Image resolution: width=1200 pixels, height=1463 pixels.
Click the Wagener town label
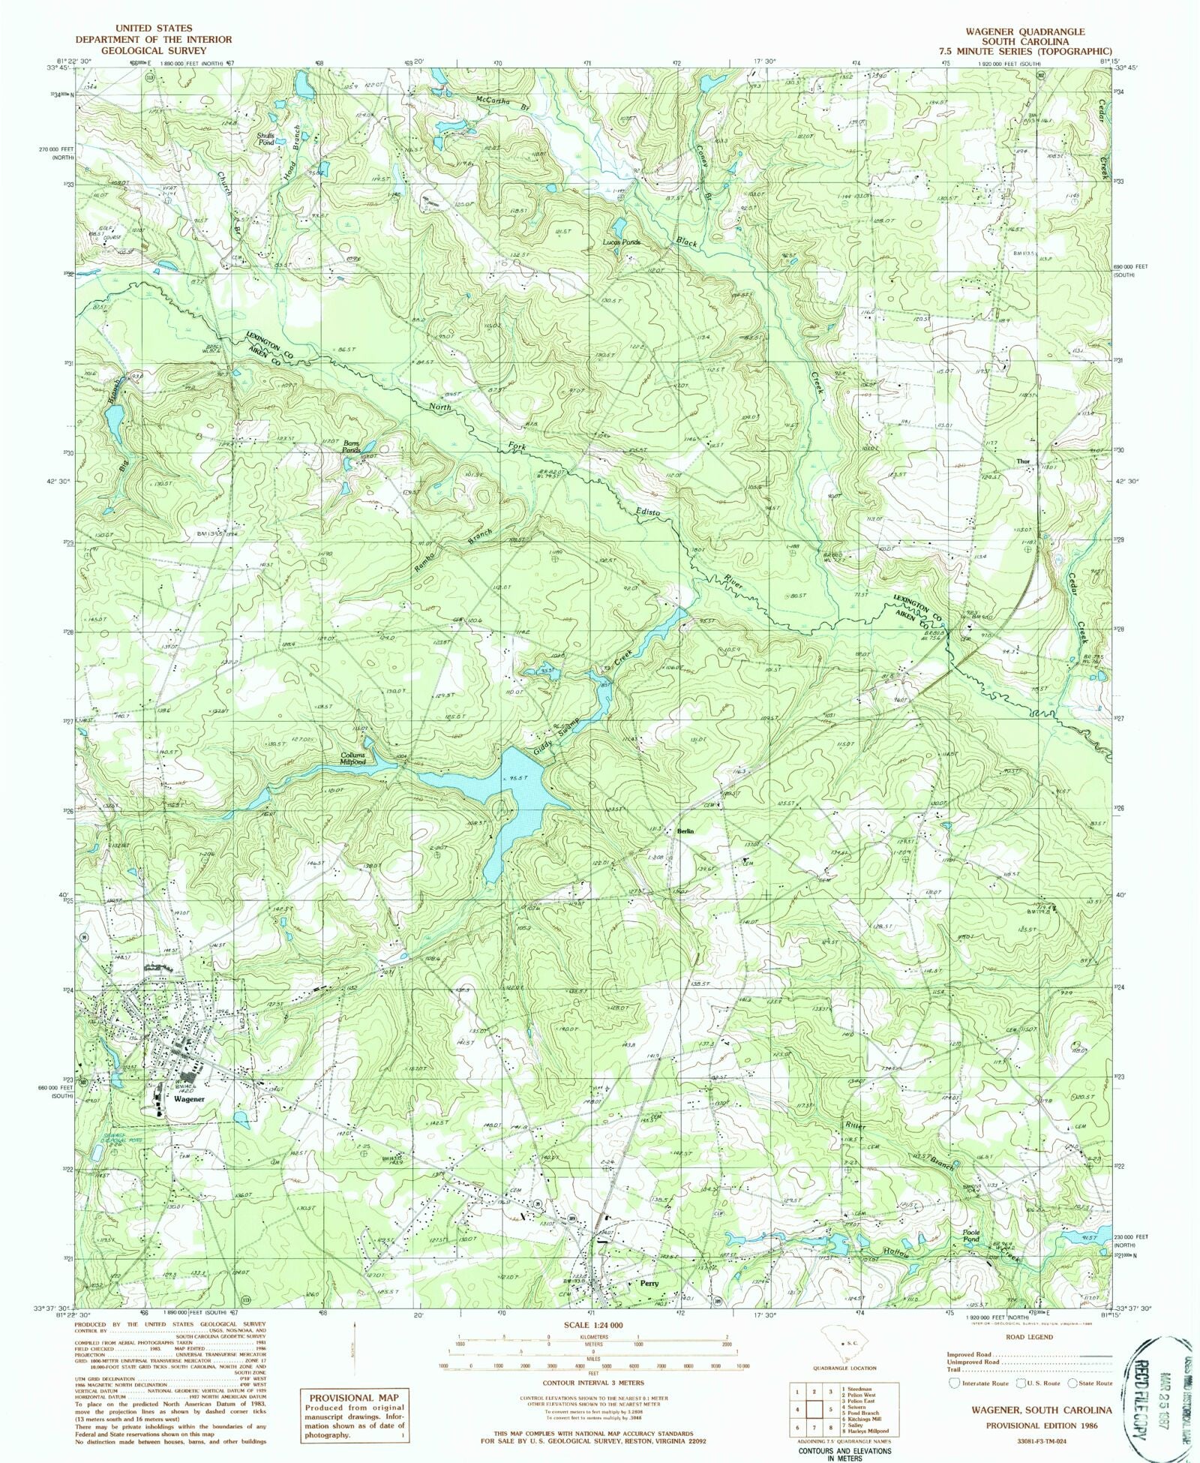(189, 1098)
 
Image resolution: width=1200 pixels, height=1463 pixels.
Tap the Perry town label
(649, 1284)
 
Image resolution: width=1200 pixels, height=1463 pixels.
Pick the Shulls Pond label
(267, 139)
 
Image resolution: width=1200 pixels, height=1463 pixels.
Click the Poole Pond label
(971, 1236)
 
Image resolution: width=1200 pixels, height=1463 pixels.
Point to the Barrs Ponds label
(351, 447)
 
